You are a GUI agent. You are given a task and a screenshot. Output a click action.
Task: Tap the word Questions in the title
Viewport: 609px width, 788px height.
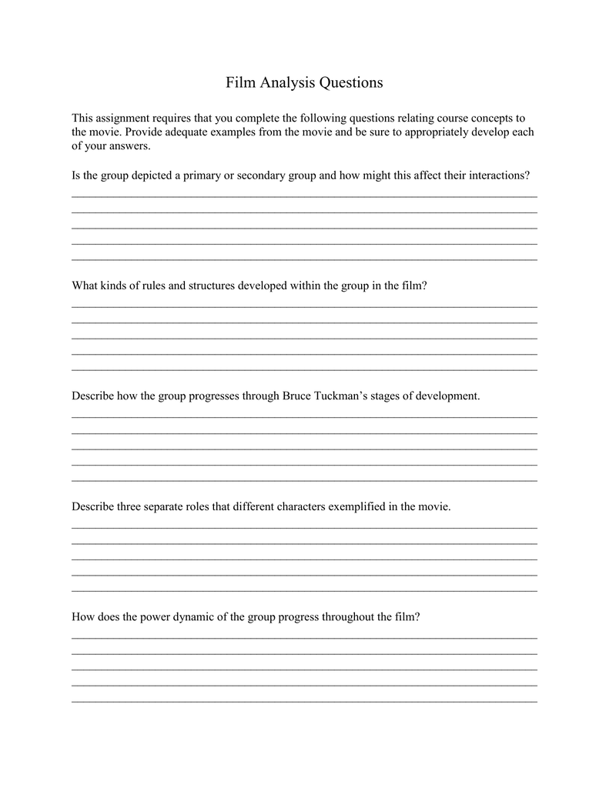[351, 82]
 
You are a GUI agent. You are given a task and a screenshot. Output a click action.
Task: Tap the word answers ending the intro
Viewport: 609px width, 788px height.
[132, 146]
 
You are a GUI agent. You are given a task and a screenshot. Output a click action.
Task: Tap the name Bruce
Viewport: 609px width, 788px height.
[296, 396]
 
